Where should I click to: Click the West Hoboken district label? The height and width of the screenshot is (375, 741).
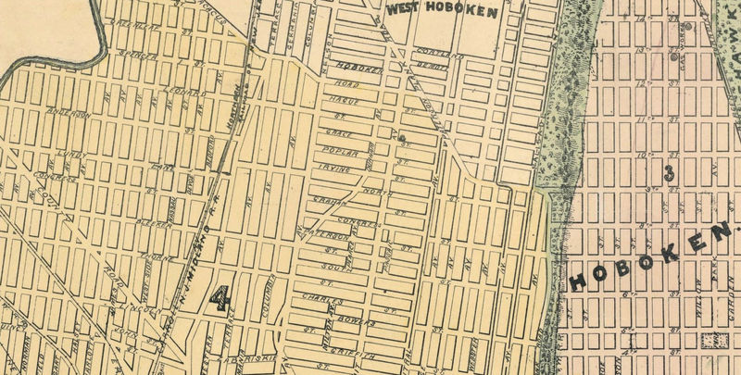443,11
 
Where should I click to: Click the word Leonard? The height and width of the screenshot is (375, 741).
187,93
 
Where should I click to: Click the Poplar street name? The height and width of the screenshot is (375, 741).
334,151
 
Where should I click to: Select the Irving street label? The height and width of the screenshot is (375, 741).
333,169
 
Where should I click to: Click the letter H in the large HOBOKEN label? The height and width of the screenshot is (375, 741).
579,281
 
